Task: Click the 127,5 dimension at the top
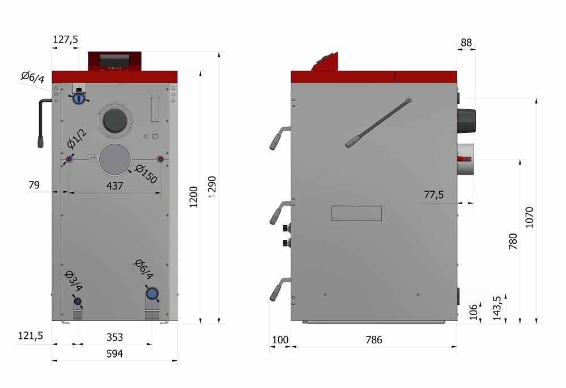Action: point(65,39)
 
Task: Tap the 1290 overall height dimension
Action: point(212,187)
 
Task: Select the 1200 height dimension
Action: point(194,197)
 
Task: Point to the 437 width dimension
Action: point(115,186)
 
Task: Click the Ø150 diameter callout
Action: point(146,174)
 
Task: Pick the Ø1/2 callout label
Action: point(77,139)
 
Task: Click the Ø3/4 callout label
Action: point(73,281)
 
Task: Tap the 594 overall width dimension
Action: point(115,353)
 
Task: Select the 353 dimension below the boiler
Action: point(115,337)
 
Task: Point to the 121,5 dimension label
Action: point(31,336)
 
